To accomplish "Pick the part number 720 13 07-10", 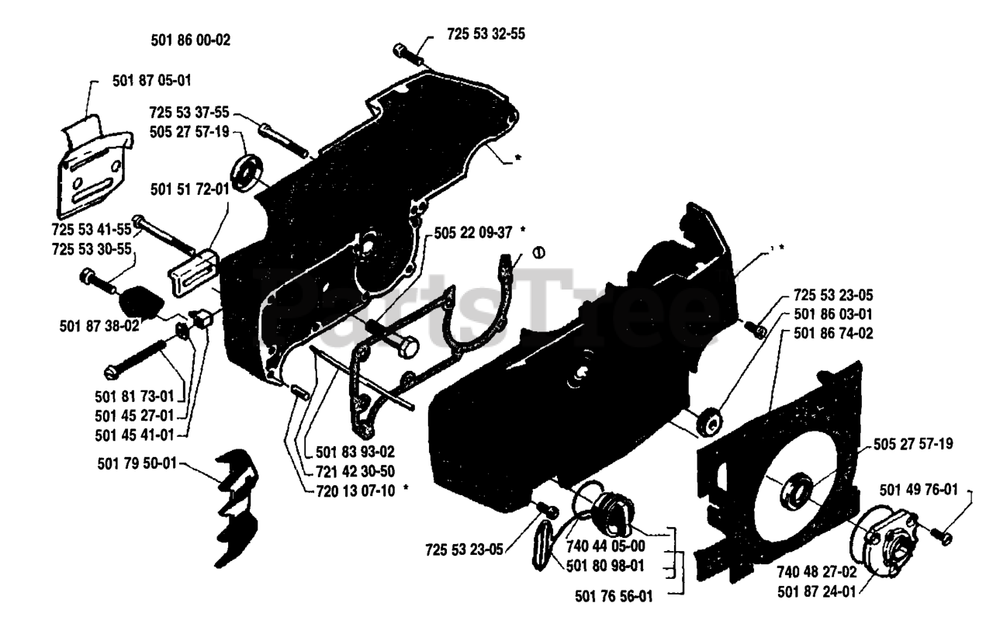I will pos(356,490).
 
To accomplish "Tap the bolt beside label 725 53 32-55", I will pos(407,54).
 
